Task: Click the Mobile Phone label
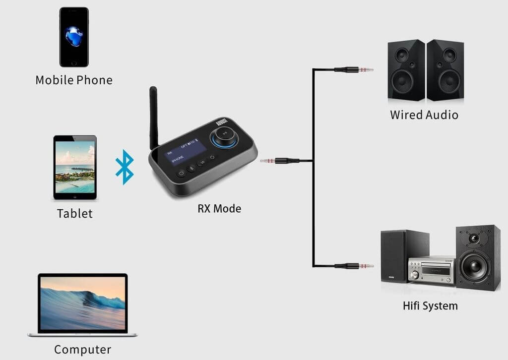(74, 80)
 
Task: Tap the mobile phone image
(74, 37)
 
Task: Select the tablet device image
(75, 168)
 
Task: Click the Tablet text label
(75, 214)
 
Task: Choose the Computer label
(82, 349)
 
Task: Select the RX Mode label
(219, 208)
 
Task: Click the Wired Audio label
(424, 115)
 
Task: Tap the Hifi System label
(430, 305)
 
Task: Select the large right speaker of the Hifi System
(478, 258)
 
